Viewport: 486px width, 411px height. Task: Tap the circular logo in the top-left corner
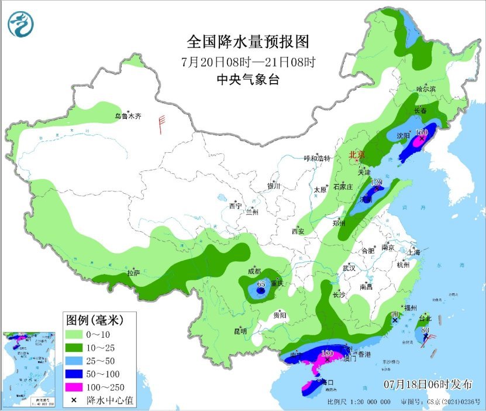point(21,24)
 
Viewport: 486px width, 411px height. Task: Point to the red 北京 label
point(357,155)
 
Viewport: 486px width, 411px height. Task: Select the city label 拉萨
point(134,272)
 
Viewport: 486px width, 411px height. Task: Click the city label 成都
point(254,271)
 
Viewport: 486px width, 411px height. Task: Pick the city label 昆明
point(240,331)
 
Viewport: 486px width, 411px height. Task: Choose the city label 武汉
point(349,268)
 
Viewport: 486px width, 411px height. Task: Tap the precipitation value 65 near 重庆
point(261,284)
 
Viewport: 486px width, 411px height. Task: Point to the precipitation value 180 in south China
point(327,354)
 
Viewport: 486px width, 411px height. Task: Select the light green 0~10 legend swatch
point(74,334)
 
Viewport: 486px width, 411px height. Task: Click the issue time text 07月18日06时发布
point(428,385)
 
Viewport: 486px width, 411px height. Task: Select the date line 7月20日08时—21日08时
point(248,61)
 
